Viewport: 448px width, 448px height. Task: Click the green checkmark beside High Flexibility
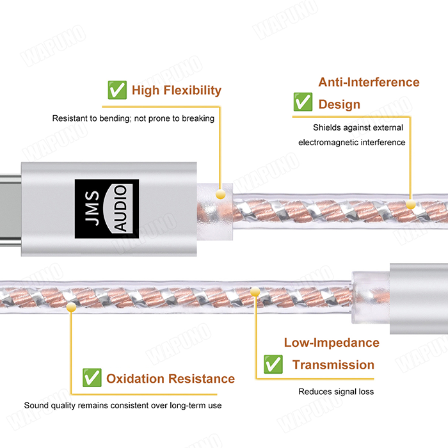(x=117, y=90)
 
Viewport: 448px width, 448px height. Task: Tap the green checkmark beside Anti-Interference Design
(x=303, y=102)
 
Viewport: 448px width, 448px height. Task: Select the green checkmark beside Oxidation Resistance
(x=92, y=378)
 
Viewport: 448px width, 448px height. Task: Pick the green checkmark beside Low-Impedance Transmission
(x=273, y=364)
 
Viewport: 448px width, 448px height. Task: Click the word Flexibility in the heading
(x=193, y=91)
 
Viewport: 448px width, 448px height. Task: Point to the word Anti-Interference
(x=369, y=83)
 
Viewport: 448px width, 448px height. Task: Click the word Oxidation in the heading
(x=136, y=379)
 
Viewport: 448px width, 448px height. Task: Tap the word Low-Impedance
(x=332, y=343)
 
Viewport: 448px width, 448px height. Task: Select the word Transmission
(x=333, y=365)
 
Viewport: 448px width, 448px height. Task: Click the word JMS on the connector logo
(x=92, y=208)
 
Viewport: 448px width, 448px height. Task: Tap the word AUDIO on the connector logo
(x=120, y=208)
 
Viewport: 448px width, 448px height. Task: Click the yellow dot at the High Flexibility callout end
(x=220, y=195)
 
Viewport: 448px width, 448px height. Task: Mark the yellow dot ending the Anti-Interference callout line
(x=411, y=204)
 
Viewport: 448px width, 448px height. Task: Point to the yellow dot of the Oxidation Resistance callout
(x=71, y=307)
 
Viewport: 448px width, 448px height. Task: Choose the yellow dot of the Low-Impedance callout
(x=255, y=292)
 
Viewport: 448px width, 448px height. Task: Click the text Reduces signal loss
(x=336, y=392)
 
